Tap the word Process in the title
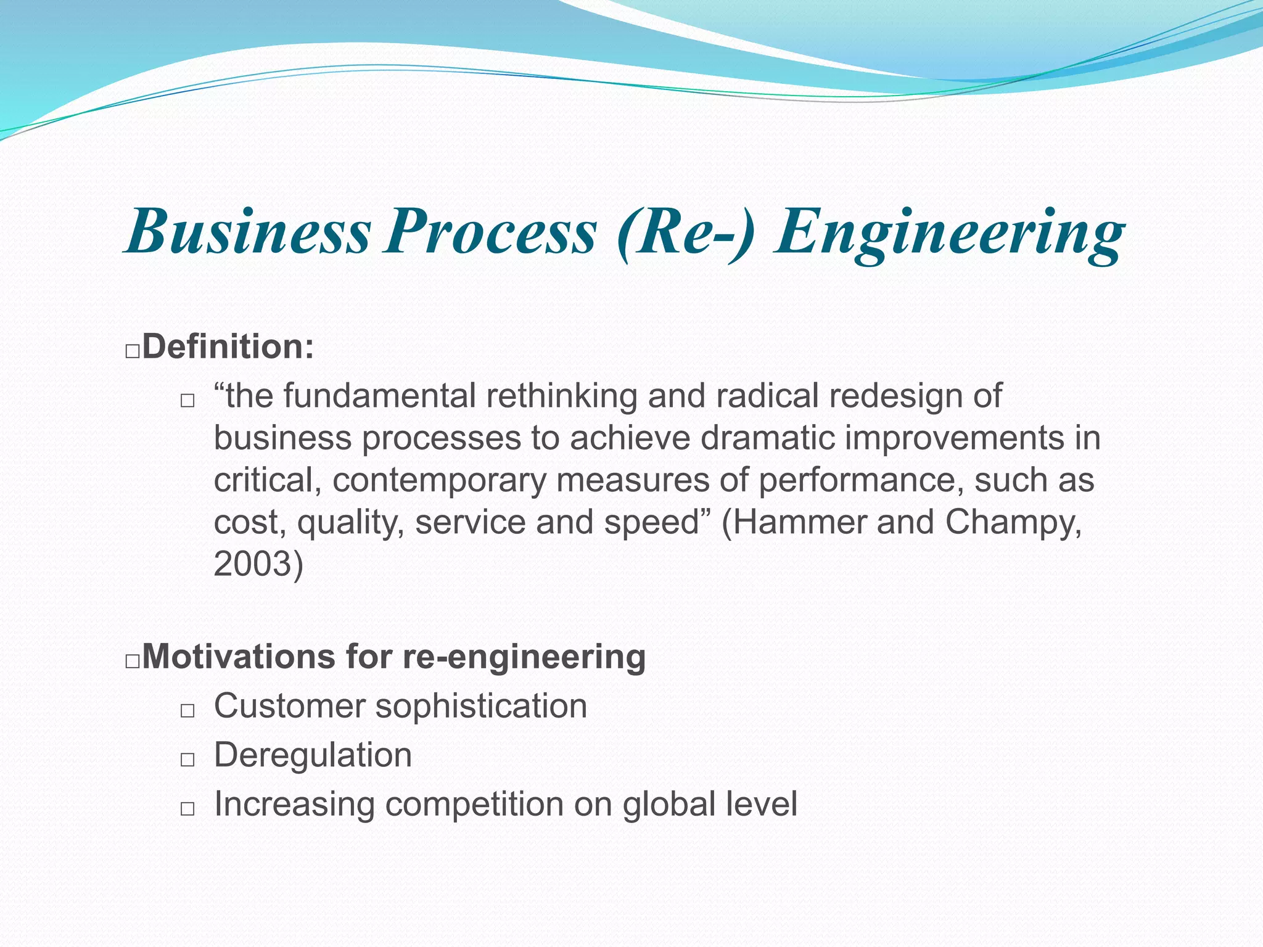(490, 232)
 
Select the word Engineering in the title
(950, 233)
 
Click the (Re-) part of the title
(685, 233)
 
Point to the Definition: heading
(228, 346)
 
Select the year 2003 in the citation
(253, 564)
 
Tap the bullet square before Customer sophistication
(187, 710)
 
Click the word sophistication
(481, 707)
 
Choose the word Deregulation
(313, 755)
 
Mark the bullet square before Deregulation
(187, 760)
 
